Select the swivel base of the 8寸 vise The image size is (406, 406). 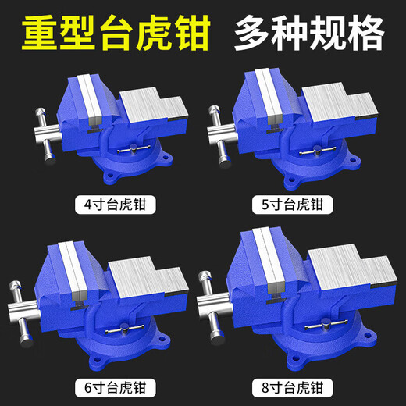click(x=320, y=351)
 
